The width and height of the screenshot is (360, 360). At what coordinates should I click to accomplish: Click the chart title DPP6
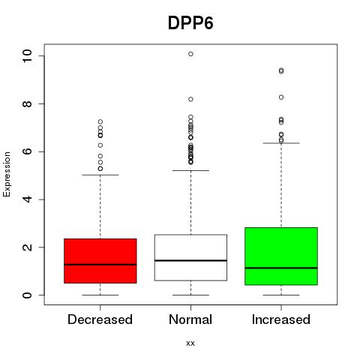(x=190, y=23)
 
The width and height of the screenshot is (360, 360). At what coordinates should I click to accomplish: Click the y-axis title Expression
(x=7, y=175)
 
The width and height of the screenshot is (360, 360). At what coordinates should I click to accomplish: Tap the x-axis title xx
(x=190, y=343)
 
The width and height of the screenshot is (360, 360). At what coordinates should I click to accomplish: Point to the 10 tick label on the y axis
(x=27, y=55)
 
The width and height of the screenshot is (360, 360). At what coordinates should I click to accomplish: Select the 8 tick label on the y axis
(x=27, y=103)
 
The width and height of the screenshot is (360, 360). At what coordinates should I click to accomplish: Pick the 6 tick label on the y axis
(x=27, y=151)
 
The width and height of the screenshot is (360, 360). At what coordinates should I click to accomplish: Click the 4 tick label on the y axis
(x=27, y=199)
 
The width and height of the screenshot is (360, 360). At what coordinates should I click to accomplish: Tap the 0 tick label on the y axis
(x=27, y=295)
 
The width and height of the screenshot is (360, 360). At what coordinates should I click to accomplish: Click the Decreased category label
(x=100, y=319)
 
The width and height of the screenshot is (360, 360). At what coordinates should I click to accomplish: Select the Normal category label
(x=190, y=319)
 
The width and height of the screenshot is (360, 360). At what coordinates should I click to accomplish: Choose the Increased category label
(x=281, y=319)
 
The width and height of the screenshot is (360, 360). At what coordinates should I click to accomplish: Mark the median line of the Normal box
(x=190, y=260)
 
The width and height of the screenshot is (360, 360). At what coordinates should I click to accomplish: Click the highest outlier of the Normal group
(x=190, y=54)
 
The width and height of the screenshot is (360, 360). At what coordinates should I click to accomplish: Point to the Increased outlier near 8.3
(x=281, y=97)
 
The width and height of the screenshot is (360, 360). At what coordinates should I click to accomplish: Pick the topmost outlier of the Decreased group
(x=100, y=121)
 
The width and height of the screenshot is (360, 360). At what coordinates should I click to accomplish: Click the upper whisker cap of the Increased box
(x=281, y=143)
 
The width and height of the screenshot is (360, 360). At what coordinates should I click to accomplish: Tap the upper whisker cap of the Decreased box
(x=100, y=175)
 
